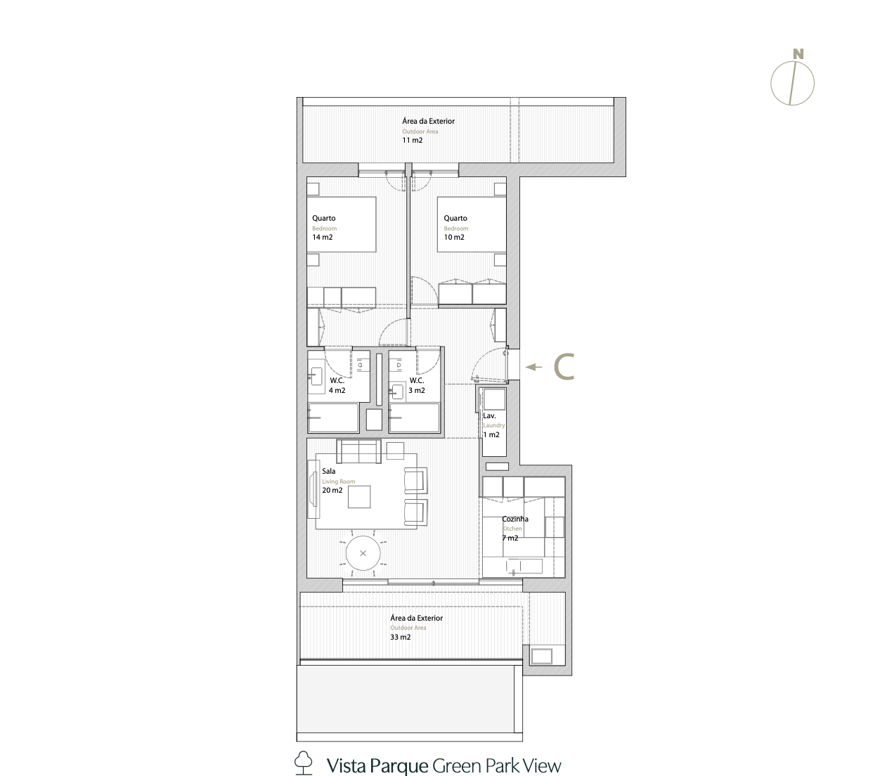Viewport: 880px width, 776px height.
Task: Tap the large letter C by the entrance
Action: [x=564, y=366]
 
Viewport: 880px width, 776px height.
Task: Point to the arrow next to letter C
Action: [x=534, y=367]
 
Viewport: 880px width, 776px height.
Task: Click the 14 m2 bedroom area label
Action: [x=323, y=237]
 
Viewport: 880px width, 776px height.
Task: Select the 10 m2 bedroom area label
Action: [x=454, y=237]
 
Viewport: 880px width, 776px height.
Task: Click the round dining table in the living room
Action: [x=363, y=553]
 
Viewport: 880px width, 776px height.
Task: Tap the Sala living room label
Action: [x=328, y=472]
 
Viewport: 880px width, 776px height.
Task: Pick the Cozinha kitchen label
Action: [x=515, y=519]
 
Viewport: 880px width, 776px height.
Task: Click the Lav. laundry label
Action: [x=489, y=416]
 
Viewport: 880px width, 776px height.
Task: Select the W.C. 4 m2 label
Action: [x=337, y=385]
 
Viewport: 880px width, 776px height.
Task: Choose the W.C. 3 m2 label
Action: [x=417, y=385]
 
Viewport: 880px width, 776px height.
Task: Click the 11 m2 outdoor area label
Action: [x=412, y=140]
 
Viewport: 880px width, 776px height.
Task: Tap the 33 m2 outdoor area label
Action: [x=400, y=637]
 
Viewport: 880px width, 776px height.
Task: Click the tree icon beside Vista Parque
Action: [x=303, y=763]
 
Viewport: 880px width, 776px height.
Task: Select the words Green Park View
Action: [x=496, y=765]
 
